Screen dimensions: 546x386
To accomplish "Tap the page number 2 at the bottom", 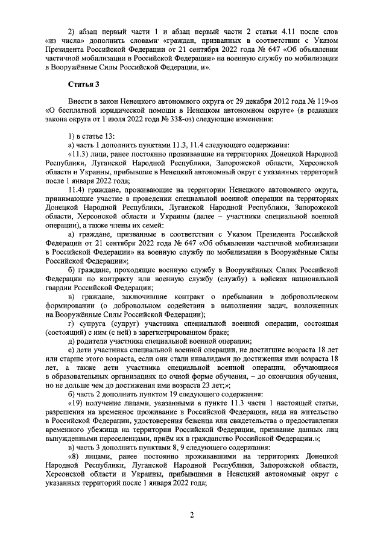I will [191, 515].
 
